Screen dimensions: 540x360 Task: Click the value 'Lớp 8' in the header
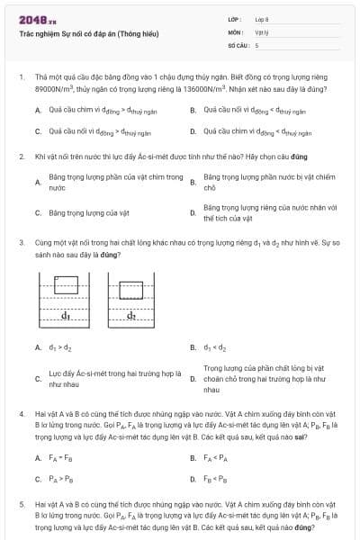[x=262, y=18]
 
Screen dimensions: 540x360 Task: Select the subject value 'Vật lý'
[x=262, y=31]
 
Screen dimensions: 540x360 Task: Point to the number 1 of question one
[x=21, y=77]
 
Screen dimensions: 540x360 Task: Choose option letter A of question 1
[x=38, y=110]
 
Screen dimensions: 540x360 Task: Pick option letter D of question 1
[x=193, y=131]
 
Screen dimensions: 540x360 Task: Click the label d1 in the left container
[x=66, y=316]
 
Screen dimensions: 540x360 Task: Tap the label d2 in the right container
[x=131, y=316]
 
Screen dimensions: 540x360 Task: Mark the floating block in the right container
[x=132, y=291]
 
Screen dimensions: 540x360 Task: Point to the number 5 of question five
[x=21, y=506]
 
